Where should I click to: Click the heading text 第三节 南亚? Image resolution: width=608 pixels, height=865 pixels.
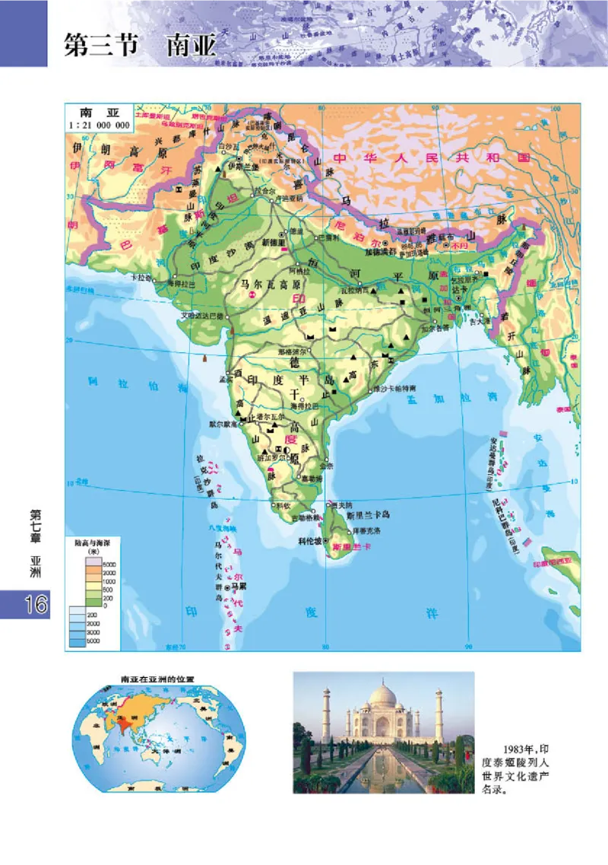tap(141, 43)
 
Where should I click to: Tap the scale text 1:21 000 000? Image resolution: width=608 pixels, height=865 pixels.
tap(100, 124)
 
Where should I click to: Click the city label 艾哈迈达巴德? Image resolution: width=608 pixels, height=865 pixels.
tap(201, 314)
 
